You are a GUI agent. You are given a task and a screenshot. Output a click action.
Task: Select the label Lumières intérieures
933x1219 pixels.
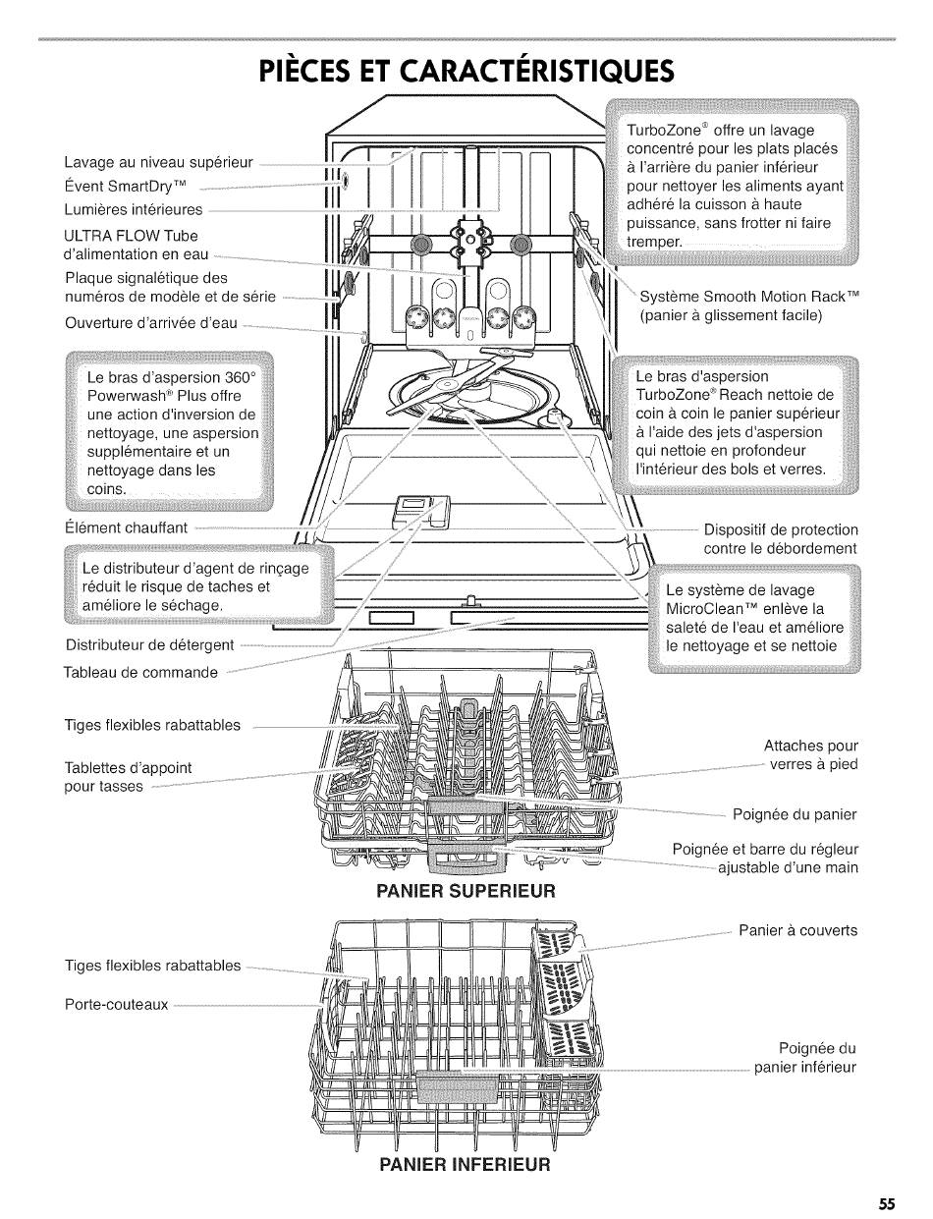tap(133, 209)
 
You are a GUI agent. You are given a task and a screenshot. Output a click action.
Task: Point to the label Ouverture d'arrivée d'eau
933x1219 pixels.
tap(150, 323)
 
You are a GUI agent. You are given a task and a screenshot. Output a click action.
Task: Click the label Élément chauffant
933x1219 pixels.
tap(125, 527)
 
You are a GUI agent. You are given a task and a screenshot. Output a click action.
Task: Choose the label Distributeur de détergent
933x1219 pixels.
tap(149, 645)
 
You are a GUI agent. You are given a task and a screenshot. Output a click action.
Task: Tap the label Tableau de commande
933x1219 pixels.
tap(140, 673)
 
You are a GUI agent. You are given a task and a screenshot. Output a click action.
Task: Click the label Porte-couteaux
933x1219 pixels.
tap(116, 1005)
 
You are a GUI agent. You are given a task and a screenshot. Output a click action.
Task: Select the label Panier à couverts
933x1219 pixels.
tap(797, 930)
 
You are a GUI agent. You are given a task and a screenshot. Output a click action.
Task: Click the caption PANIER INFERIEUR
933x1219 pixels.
tap(466, 1165)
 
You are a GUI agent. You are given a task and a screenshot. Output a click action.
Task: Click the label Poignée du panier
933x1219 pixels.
tap(795, 814)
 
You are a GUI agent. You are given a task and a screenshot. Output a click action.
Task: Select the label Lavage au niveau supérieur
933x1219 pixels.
tap(158, 162)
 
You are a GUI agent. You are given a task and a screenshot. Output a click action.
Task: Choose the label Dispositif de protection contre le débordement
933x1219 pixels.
tap(781, 538)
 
